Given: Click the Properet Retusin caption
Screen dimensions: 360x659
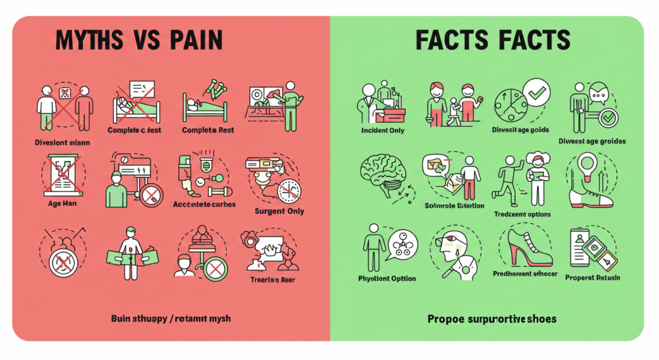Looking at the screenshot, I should tap(593, 278).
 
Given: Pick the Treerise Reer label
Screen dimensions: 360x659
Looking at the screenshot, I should tap(274, 280).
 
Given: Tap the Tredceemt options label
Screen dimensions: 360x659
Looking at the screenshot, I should tap(521, 214).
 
